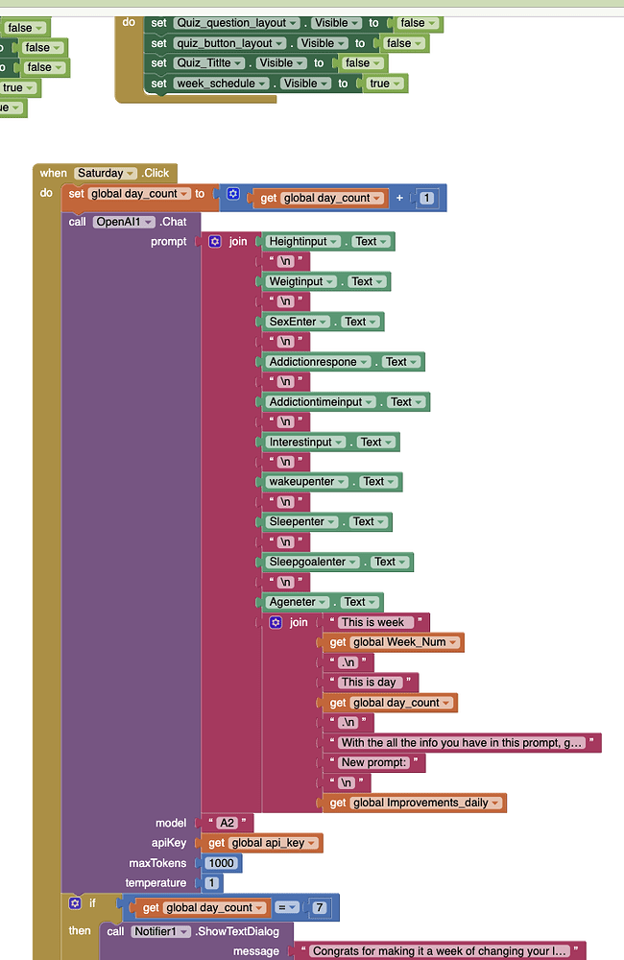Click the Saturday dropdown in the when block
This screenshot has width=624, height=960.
pos(106,173)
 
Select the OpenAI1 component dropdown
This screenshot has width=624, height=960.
pos(124,222)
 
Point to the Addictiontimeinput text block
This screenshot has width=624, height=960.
pos(322,402)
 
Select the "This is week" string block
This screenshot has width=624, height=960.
pos(376,622)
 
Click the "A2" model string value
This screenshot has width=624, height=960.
pos(227,823)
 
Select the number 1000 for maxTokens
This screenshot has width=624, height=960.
pos(221,863)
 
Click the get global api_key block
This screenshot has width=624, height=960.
pos(259,843)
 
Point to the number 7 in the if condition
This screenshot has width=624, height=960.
pos(318,907)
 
